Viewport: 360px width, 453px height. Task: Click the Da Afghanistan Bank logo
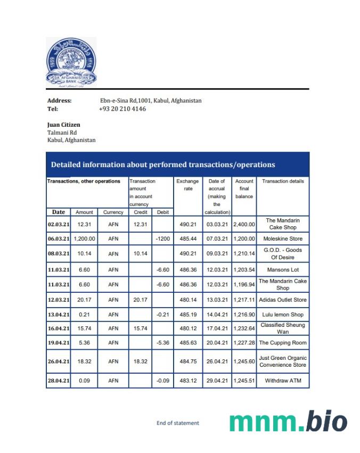[71, 62]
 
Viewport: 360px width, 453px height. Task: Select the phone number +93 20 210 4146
[122, 109]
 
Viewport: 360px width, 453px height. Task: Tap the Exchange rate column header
[187, 185]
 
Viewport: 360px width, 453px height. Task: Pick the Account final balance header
[244, 188]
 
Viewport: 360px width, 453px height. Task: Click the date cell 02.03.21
[58, 224]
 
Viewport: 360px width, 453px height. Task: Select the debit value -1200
[162, 239]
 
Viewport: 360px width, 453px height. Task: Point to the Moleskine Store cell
[282, 239]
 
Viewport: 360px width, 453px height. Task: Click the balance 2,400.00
[244, 224]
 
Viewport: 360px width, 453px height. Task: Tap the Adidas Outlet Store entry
[282, 300]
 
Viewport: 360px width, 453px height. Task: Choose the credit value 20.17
[140, 300]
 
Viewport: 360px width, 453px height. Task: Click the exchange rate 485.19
[187, 315]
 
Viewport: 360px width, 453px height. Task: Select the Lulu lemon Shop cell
[282, 315]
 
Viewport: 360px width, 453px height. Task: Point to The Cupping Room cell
[282, 343]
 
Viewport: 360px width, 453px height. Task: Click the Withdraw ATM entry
[282, 381]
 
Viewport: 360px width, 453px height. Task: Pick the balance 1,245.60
[244, 361]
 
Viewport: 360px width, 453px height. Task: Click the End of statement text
[178, 423]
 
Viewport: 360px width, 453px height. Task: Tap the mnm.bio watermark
[288, 422]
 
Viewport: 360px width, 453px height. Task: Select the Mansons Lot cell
[282, 270]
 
